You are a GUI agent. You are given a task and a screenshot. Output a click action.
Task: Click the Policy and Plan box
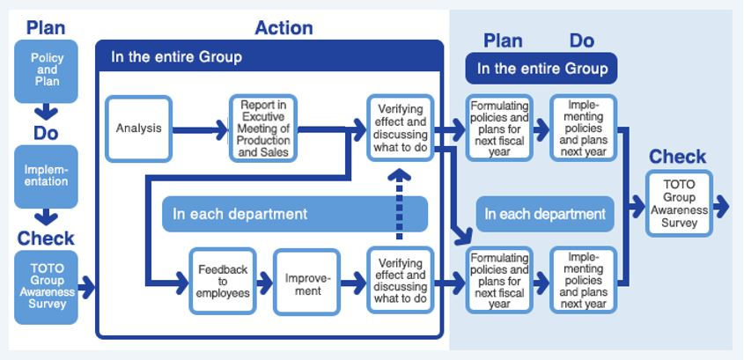[46, 70]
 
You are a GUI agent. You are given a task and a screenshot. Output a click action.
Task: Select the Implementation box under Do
[46, 176]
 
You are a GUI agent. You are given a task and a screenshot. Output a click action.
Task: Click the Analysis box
[138, 129]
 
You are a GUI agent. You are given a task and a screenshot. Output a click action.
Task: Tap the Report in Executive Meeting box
[263, 129]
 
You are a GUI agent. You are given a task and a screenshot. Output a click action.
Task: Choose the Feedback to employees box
[223, 282]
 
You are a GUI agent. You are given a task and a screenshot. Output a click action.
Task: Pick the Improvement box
[306, 282]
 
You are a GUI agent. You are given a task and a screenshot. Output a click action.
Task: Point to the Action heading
[284, 28]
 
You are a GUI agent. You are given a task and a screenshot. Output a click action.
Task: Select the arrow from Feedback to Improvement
[264, 283]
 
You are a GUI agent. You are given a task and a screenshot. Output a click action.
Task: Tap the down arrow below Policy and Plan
[46, 114]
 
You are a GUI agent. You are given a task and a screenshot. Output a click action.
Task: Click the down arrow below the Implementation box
[46, 218]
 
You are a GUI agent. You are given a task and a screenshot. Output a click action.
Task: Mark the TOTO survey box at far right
[680, 204]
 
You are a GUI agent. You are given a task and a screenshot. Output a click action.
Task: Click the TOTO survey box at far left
[46, 287]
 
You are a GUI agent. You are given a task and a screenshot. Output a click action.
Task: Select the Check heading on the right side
[678, 157]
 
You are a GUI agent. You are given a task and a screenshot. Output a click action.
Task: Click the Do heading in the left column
[46, 133]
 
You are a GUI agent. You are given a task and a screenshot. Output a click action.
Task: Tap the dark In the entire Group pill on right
[541, 68]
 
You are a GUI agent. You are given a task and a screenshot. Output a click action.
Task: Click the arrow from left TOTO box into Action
[86, 286]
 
